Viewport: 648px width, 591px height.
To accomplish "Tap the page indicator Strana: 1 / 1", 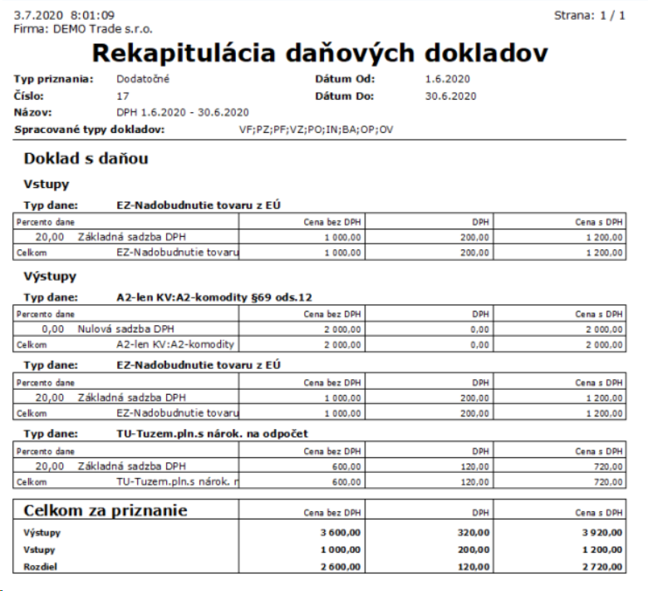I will point(589,16).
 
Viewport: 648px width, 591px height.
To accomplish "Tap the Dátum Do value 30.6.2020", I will point(450,96).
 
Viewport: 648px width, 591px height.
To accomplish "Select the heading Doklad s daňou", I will point(86,157).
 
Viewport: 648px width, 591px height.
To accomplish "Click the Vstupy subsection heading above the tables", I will point(47,184).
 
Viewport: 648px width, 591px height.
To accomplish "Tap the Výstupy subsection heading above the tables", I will point(50,275).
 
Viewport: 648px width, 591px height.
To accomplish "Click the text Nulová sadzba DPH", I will point(127,329).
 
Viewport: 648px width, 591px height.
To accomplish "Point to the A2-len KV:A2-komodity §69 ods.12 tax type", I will point(214,297).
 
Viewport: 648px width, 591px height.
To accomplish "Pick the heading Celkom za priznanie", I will point(106,510).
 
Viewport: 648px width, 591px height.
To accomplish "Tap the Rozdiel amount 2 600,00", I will point(339,566).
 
